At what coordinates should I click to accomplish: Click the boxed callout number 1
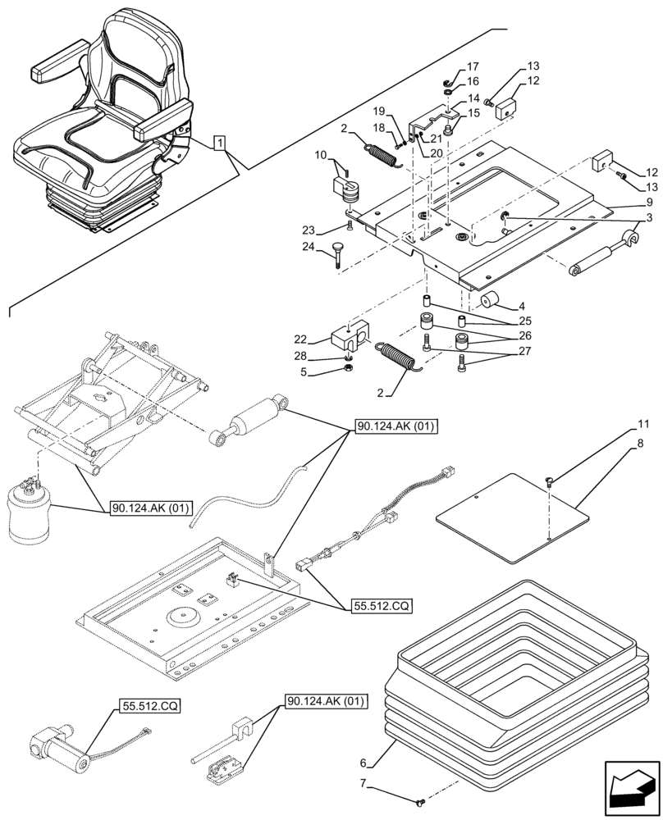click(x=219, y=144)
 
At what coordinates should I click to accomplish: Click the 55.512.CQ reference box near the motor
click(x=150, y=704)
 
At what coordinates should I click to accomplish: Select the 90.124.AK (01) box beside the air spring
click(x=149, y=509)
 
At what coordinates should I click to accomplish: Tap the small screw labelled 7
click(x=421, y=799)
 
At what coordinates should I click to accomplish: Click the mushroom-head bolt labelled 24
click(x=337, y=253)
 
